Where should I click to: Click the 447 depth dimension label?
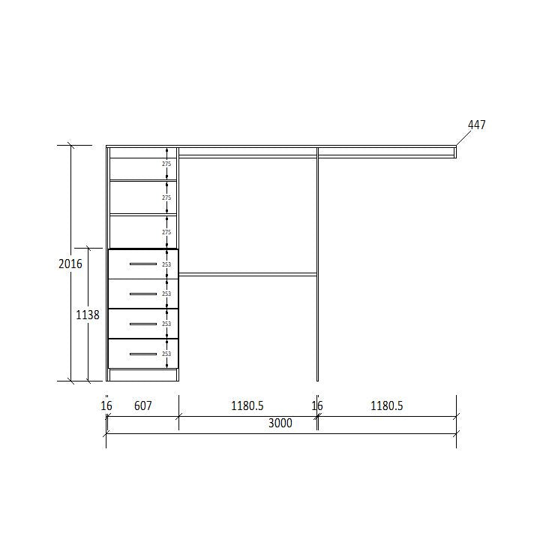pos(476,125)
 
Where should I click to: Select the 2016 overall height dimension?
pos(70,264)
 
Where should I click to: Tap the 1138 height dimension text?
pos(88,315)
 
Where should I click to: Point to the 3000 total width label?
pos(280,423)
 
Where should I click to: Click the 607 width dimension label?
pos(143,406)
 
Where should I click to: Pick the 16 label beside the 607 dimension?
pos(106,406)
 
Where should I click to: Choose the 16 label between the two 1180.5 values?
pos(317,406)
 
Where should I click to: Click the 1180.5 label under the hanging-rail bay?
pos(247,406)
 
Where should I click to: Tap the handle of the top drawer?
pos(143,264)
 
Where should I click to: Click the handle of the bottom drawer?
pos(143,354)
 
